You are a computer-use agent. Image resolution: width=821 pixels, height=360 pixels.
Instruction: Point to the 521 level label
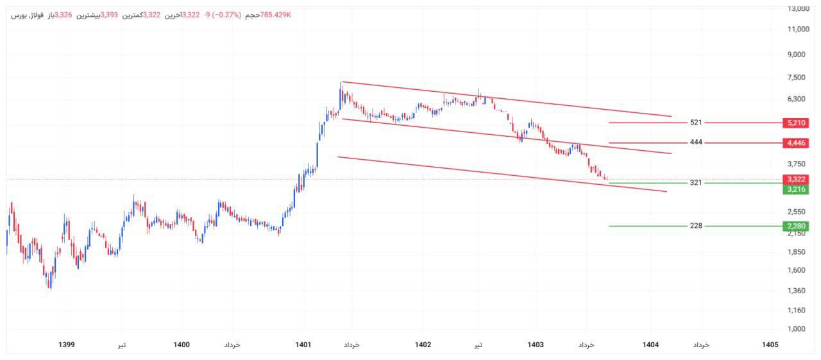point(696,123)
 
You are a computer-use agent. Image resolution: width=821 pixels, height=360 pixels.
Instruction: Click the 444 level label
point(696,142)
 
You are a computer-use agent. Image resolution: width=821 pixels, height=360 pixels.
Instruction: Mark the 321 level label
point(696,183)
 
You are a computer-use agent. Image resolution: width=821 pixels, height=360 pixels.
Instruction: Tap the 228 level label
point(696,226)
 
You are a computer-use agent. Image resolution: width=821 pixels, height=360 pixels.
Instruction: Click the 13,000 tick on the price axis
point(798,8)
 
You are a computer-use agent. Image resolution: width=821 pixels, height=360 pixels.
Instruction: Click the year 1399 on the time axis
point(66,345)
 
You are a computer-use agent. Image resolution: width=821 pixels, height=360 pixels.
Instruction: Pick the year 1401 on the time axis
point(303,345)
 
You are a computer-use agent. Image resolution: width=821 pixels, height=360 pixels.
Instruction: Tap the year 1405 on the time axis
point(770,345)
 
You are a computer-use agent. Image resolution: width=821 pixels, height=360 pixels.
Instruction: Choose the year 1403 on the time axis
point(536,345)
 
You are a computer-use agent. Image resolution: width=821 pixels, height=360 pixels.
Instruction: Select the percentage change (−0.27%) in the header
point(222,15)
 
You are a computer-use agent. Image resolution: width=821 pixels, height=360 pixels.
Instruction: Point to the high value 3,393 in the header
point(109,15)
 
